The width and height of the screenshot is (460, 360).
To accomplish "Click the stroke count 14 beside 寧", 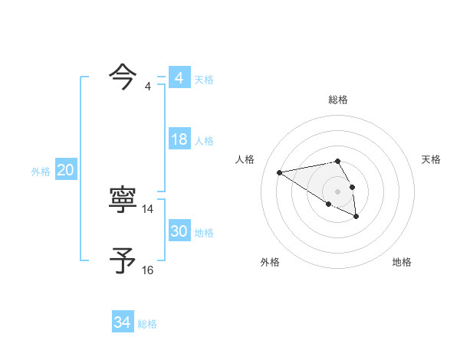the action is [148, 208].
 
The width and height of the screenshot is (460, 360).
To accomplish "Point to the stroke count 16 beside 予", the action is [148, 270].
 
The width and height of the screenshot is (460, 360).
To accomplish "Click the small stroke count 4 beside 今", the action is [148, 86].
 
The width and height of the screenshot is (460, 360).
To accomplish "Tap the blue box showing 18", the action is [179, 139].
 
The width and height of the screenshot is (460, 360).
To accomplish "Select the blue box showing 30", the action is [179, 231].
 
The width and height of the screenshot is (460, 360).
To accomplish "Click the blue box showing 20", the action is [65, 171].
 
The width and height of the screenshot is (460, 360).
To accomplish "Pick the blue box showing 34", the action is [122, 322].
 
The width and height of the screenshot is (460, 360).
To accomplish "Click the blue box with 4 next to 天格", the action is [179, 78].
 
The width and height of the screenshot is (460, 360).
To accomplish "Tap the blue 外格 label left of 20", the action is [41, 172].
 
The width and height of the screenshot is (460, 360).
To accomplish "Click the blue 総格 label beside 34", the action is [147, 323].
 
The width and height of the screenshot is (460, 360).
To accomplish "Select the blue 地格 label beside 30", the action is [205, 232].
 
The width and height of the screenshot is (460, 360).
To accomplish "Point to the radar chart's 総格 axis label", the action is [338, 100].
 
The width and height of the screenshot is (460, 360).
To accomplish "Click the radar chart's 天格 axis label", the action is [431, 159].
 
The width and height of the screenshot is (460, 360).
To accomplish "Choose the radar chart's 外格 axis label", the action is [270, 262].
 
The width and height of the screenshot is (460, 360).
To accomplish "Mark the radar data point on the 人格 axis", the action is [280, 172].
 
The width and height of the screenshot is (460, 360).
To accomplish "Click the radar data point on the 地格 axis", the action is [356, 217].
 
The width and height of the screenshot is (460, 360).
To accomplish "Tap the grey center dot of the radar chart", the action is [338, 191].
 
